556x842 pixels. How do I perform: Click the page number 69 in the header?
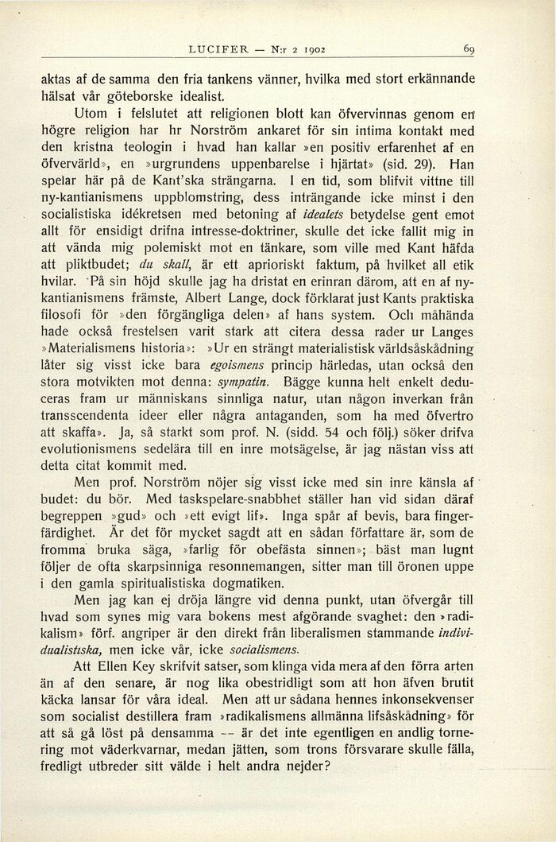[x=469, y=50]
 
